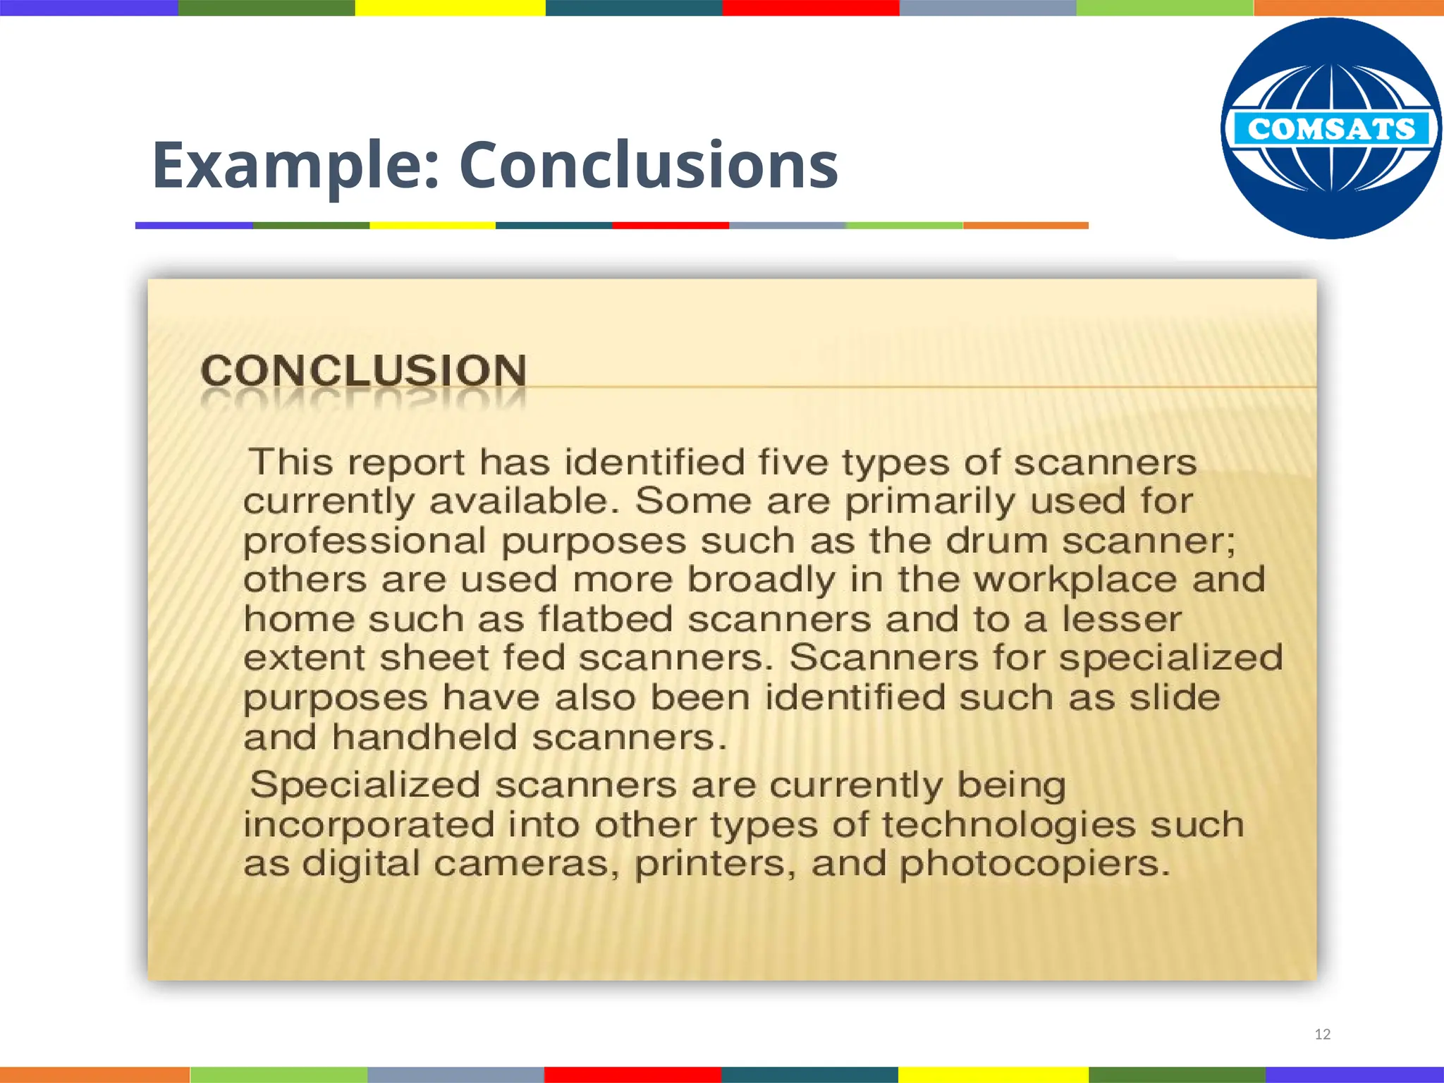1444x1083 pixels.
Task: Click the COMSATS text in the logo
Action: point(1331,129)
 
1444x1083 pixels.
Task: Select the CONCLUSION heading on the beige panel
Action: point(364,371)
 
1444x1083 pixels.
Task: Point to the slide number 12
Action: point(1323,1034)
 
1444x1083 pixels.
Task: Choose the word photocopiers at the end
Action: point(1034,864)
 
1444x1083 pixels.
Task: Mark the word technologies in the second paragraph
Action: point(1009,826)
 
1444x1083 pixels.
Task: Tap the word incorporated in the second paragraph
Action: point(369,825)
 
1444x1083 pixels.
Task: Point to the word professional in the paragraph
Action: point(365,541)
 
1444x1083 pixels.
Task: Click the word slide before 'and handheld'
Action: point(1175,698)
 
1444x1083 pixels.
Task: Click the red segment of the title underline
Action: point(670,226)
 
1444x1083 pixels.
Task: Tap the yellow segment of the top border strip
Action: point(450,8)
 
